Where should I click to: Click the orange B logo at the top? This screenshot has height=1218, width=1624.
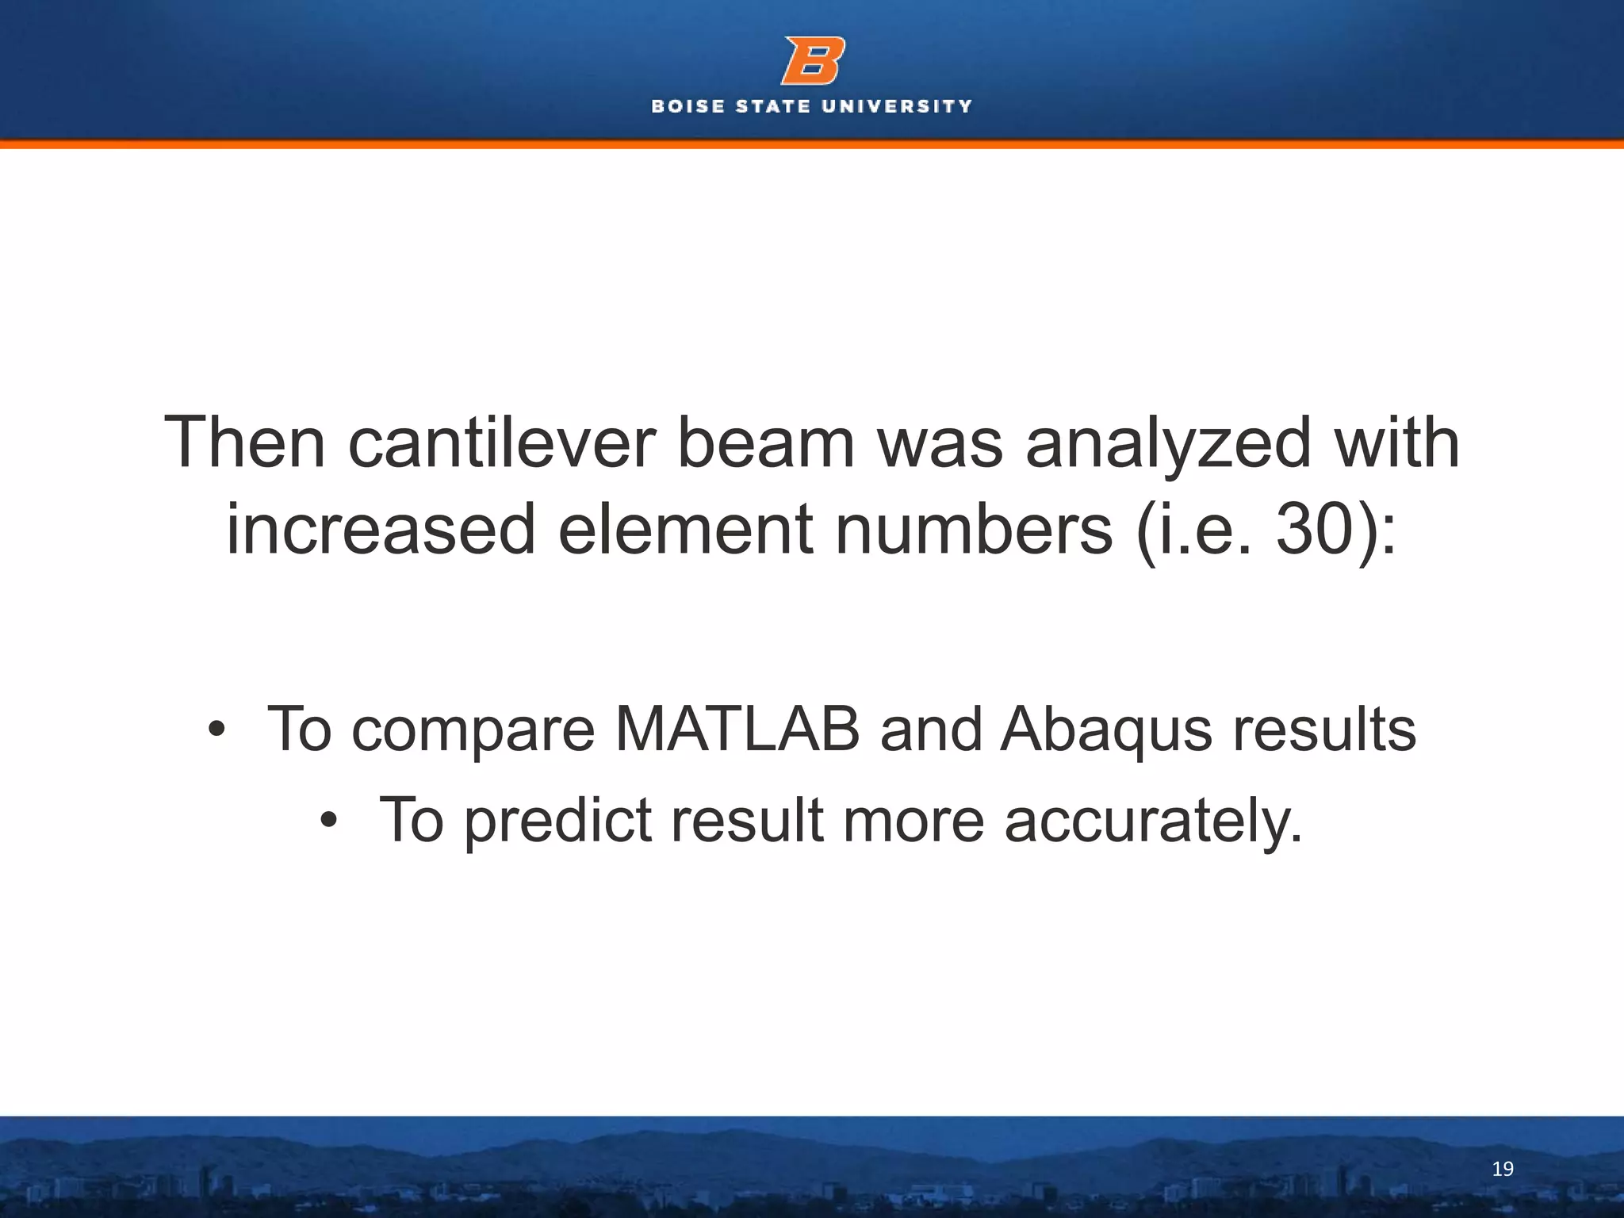point(812,60)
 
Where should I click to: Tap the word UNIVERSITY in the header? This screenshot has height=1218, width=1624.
point(897,106)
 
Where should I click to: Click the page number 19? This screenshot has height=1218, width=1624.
point(1502,1169)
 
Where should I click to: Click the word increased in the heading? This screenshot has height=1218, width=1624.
point(381,530)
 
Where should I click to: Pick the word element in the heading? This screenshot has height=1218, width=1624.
point(685,530)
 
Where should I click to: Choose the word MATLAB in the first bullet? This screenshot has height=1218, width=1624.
point(737,730)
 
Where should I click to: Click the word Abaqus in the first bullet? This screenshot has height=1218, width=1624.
point(1106,730)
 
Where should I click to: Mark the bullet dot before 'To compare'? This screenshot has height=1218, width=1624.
point(216,731)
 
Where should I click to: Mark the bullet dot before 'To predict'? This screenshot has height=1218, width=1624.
point(329,822)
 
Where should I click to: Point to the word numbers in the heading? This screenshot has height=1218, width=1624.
point(975,530)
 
